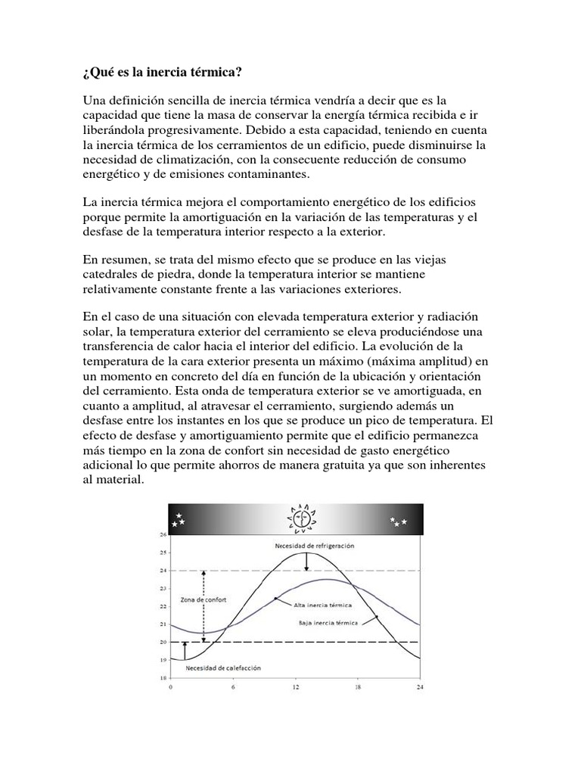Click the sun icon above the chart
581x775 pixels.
(x=300, y=518)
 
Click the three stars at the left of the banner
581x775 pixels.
(x=180, y=520)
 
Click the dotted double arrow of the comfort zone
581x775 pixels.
(x=203, y=605)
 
